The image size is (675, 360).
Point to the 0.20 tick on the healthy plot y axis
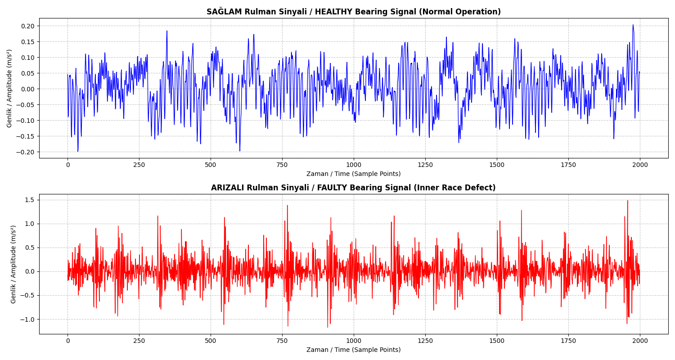click(28, 26)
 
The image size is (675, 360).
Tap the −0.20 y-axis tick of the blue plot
click(27, 152)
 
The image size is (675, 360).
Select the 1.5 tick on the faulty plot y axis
click(30, 200)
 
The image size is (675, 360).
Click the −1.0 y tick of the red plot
click(28, 319)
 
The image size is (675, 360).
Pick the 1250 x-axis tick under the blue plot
click(425, 165)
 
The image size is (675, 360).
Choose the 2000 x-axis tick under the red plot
click(639, 341)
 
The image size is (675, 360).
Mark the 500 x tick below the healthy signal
click(211, 165)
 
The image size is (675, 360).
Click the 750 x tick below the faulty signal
click(282, 341)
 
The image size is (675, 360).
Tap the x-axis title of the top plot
click(353, 174)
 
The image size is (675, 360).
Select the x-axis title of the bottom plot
click(353, 350)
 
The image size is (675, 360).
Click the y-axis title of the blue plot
click(9, 88)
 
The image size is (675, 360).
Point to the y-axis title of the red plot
click(13, 264)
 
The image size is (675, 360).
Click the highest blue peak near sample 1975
click(633, 25)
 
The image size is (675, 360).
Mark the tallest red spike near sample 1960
click(628, 201)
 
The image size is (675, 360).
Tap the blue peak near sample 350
click(167, 31)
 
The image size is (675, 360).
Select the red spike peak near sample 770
click(287, 206)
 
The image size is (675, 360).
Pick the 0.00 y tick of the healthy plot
click(28, 89)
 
